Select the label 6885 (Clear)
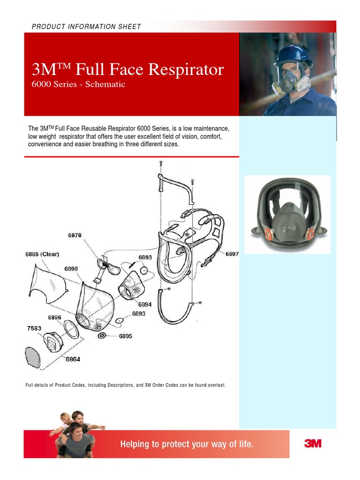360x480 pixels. pyautogui.click(x=42, y=254)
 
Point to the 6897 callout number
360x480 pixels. pyautogui.click(x=232, y=254)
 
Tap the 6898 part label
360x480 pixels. pyautogui.click(x=71, y=269)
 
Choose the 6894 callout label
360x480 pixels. pyautogui.click(x=145, y=304)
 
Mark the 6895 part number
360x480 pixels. pyautogui.click(x=125, y=336)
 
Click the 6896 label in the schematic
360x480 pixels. pyautogui.click(x=54, y=317)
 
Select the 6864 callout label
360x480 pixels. pyautogui.click(x=73, y=359)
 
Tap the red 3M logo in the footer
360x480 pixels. pyautogui.click(x=313, y=443)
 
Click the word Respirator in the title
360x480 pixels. pyautogui.click(x=186, y=69)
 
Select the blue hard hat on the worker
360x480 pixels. pyautogui.click(x=293, y=55)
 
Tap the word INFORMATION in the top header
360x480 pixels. pyautogui.click(x=93, y=27)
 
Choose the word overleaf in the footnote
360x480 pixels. pyautogui.click(x=215, y=385)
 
